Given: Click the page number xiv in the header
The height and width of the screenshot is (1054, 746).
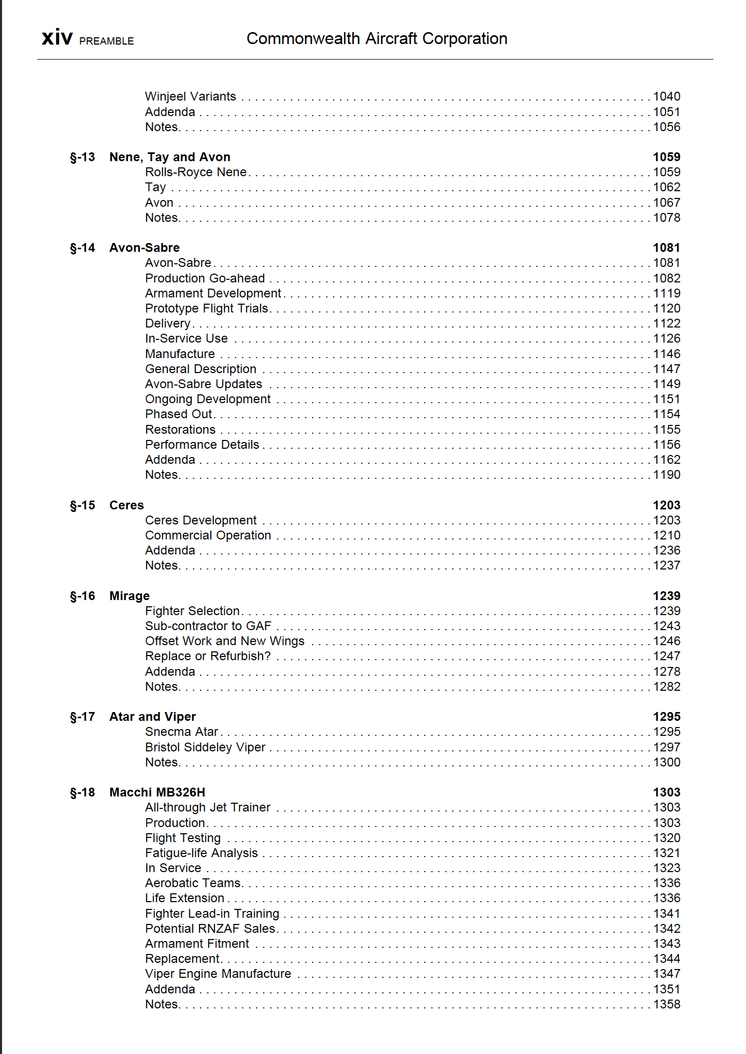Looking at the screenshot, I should click(57, 38).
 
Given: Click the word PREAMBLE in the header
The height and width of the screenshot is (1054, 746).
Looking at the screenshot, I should click(106, 41).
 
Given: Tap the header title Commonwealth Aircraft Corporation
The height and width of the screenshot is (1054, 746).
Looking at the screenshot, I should click(377, 38).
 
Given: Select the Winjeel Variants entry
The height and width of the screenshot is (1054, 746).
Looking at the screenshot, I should click(190, 96).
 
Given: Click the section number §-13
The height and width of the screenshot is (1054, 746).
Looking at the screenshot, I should click(82, 157).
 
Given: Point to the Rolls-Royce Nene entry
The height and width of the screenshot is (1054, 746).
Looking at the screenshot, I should click(196, 172).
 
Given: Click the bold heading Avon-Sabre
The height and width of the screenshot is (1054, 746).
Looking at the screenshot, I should click(145, 248).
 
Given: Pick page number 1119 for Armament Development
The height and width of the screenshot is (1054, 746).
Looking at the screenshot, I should click(666, 293).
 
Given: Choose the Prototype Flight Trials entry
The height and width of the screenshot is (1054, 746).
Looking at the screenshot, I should click(207, 308).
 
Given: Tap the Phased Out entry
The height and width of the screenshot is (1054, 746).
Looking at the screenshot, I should click(179, 414).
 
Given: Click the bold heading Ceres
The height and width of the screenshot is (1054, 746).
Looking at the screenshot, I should click(126, 505).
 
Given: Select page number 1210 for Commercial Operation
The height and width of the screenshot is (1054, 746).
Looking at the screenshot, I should click(666, 535).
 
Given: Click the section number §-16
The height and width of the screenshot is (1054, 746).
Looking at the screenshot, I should click(82, 596).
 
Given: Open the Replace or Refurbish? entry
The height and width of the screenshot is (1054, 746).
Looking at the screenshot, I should click(208, 656).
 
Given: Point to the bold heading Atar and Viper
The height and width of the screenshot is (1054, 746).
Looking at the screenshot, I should click(152, 717).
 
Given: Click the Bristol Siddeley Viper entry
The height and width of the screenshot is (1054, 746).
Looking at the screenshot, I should click(205, 747).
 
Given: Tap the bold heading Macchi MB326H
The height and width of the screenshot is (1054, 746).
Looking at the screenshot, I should click(157, 792).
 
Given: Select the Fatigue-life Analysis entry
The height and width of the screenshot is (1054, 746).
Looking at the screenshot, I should click(202, 853).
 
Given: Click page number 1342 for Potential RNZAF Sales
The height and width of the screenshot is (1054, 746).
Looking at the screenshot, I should click(666, 929).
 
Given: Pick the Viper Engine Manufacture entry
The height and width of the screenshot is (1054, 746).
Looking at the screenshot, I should click(218, 974).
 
